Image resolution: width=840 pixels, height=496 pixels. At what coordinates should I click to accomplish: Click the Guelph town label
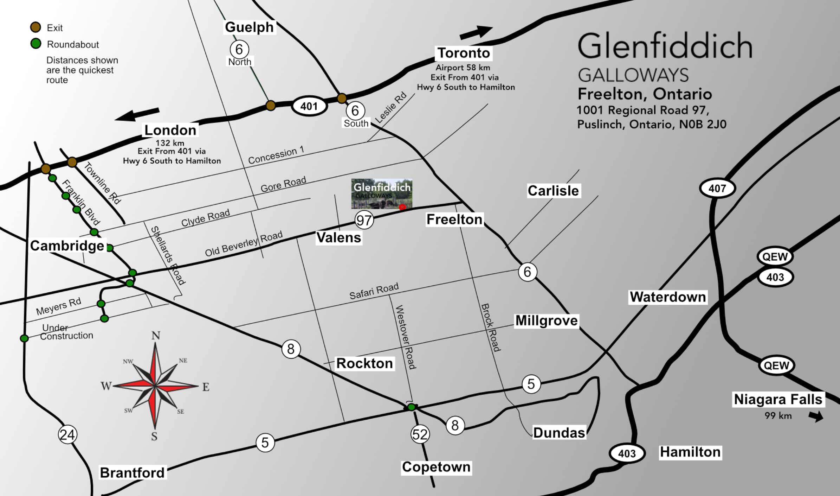(249, 27)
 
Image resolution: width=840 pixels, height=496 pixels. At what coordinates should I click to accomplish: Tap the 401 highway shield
(309, 106)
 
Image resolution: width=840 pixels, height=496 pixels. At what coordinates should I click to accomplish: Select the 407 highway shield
(717, 188)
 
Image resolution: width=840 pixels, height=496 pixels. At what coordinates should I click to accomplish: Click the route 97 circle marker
(364, 220)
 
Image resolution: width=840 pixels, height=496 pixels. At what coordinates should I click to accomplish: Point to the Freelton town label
(454, 220)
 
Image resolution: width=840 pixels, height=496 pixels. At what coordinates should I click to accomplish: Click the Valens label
(338, 237)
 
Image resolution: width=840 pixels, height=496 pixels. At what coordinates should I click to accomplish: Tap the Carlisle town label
(553, 191)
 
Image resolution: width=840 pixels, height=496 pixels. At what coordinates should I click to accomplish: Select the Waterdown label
(667, 297)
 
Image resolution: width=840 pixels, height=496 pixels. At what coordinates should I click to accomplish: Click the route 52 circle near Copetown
(420, 434)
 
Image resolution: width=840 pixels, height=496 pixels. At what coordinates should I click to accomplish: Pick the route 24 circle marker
(67, 434)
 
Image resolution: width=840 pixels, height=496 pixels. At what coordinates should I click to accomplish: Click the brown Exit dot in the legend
(35, 27)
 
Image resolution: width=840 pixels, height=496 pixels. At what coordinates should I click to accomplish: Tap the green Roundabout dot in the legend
(35, 44)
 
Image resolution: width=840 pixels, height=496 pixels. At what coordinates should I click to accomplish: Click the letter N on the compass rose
(156, 336)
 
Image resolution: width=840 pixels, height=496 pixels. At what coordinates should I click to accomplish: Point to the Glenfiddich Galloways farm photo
(382, 193)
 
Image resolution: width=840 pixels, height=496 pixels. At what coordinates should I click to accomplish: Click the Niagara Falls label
(778, 399)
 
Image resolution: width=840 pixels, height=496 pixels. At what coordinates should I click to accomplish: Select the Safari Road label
(374, 291)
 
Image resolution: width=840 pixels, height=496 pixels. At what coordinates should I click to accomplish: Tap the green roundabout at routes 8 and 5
(411, 407)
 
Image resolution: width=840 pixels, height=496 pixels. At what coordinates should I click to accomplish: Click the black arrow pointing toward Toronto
(476, 32)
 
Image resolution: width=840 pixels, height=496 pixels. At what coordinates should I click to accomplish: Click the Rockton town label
(364, 363)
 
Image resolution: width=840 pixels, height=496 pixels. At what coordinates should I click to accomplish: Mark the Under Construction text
(66, 332)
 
